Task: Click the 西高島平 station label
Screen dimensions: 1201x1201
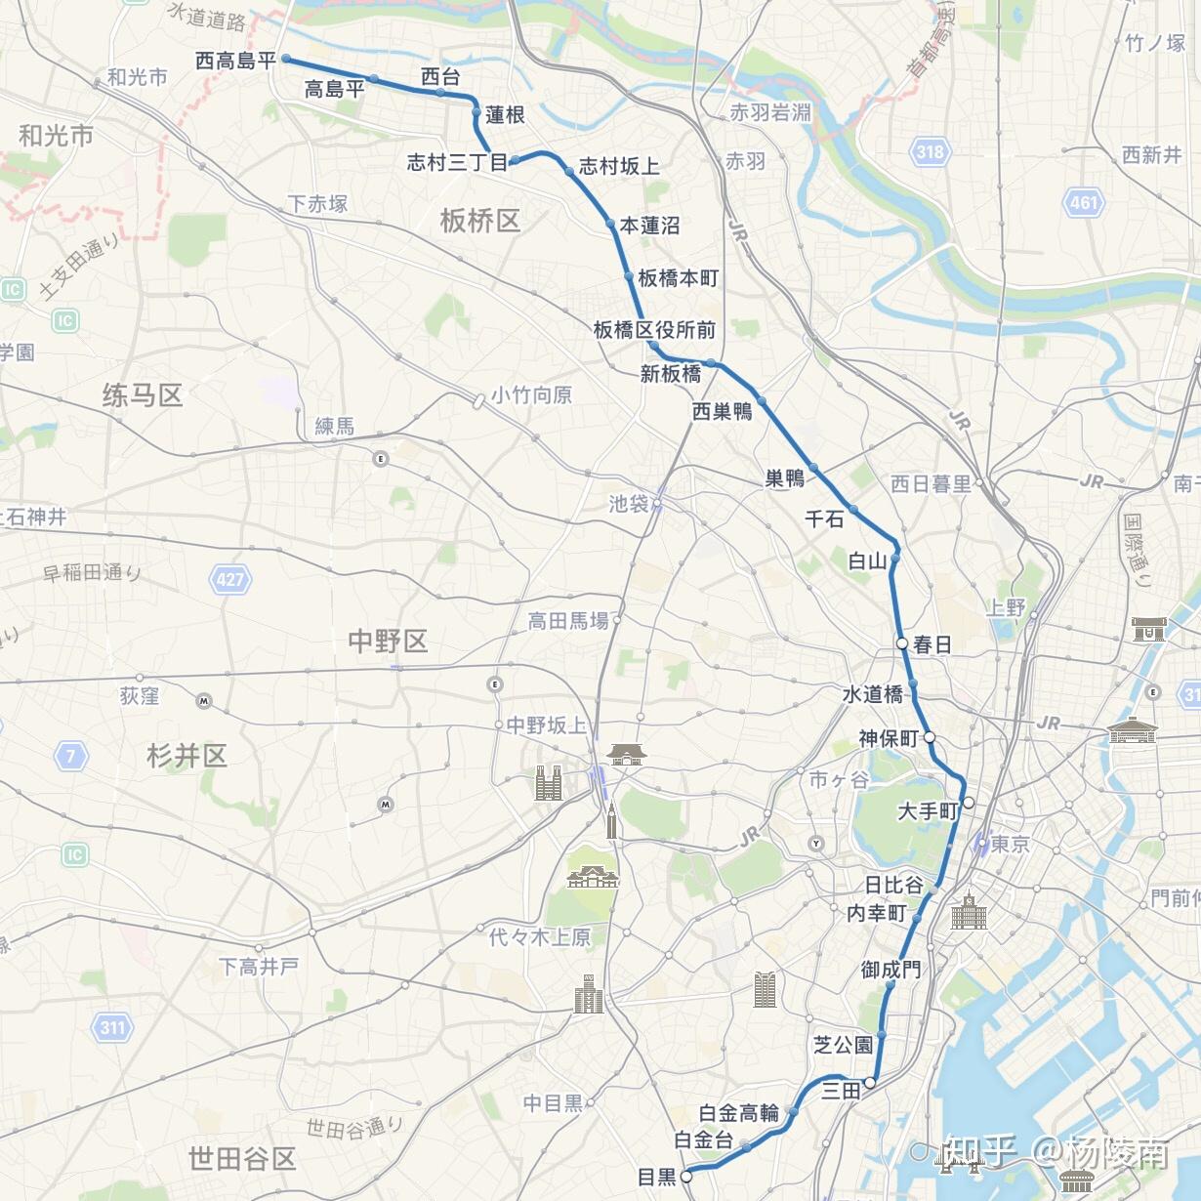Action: (235, 61)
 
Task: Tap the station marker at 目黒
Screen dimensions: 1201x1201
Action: (686, 1177)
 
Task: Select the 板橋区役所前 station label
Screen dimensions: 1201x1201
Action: (654, 330)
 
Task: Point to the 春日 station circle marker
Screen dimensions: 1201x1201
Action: (903, 643)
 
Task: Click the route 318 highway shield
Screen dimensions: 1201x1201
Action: (930, 151)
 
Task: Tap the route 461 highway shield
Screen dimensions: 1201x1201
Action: (1084, 203)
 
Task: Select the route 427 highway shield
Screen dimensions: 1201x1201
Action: (230, 579)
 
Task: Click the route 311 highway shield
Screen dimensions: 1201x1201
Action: (112, 1027)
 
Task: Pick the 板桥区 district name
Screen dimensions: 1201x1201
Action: (479, 221)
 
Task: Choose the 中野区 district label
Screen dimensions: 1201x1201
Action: (388, 642)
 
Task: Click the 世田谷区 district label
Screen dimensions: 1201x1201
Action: (242, 1159)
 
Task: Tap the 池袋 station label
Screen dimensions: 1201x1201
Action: (629, 504)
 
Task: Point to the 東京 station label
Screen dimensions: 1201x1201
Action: (1010, 845)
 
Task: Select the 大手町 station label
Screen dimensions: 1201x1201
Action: (928, 810)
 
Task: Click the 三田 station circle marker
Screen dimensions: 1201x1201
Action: (869, 1082)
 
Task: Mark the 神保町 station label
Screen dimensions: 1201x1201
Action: (888, 738)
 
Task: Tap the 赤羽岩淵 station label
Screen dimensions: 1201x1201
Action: (769, 112)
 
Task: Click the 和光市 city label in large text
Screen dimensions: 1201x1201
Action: (56, 135)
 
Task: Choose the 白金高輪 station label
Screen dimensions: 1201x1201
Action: (738, 1113)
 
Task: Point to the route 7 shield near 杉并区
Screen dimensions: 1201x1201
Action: (70, 755)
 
